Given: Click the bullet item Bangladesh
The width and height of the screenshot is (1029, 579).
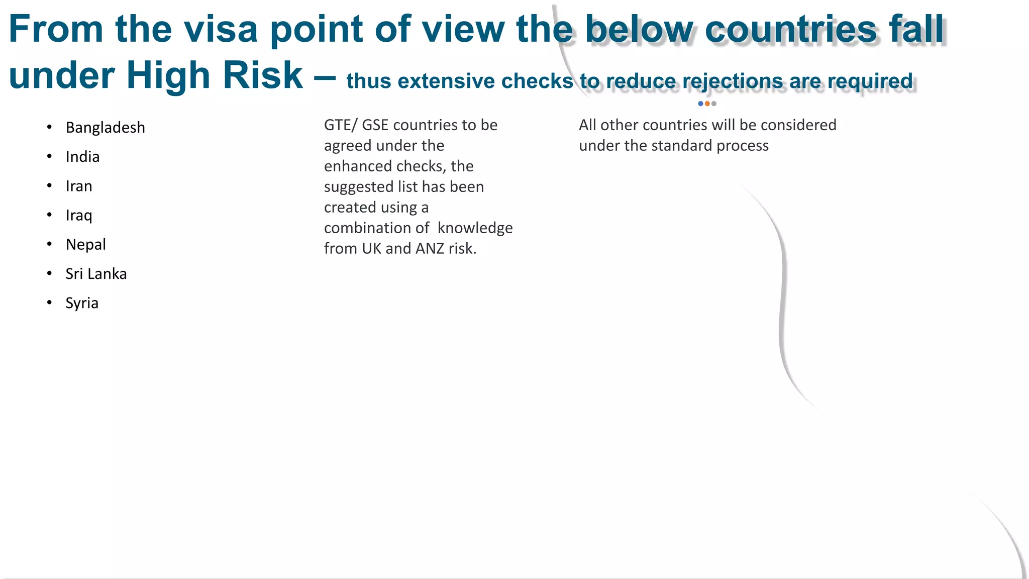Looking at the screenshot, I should pos(105,128).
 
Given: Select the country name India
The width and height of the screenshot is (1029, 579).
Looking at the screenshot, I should pos(82,157).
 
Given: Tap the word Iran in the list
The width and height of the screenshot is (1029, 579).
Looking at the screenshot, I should pos(79,186).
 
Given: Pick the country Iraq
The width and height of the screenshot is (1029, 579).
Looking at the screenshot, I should pos(79,215).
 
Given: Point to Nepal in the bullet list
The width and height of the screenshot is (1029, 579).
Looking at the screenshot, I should pos(85,244).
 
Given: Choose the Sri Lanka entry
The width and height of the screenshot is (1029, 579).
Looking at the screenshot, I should pos(96,274).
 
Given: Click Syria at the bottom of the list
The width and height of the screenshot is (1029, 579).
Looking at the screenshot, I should pos(82,303).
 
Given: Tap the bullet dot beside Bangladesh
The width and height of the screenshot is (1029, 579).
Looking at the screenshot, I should pos(49,128).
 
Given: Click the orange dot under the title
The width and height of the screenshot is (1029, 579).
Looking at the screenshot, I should pos(707,104).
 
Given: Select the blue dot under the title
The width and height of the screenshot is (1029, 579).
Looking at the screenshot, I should pos(700,104).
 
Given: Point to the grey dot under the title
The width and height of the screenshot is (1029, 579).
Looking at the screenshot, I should pos(714,104).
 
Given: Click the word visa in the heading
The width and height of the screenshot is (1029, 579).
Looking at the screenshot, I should pos(221,29).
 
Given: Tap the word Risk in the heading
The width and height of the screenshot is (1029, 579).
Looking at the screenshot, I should pos(263,76).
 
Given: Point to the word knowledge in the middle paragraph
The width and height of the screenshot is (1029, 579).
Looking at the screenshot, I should pos(475,228).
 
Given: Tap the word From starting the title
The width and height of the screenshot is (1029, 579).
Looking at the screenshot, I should pos(56,29).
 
